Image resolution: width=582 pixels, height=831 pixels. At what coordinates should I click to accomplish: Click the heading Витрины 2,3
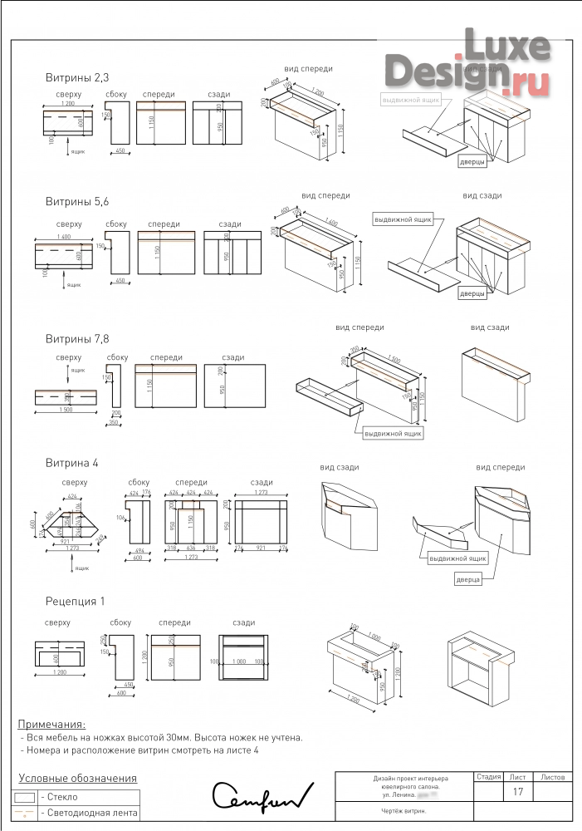pyautogui.click(x=77, y=77)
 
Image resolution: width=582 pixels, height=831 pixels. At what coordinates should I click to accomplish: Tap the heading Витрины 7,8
pyautogui.click(x=77, y=339)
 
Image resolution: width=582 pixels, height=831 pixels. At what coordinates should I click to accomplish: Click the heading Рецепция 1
pyautogui.click(x=76, y=601)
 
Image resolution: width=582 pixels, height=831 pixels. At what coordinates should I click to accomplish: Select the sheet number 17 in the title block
pyautogui.click(x=518, y=793)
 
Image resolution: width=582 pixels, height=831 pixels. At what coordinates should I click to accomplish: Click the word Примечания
pyautogui.click(x=51, y=725)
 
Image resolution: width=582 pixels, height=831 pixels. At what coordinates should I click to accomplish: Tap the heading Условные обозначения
pyautogui.click(x=77, y=779)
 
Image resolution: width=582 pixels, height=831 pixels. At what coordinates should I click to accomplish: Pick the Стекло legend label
pyautogui.click(x=59, y=797)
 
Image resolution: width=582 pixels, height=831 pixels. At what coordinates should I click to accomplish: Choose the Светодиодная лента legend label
pyautogui.click(x=88, y=813)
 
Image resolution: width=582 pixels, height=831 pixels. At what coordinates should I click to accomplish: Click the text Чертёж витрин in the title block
pyautogui.click(x=404, y=811)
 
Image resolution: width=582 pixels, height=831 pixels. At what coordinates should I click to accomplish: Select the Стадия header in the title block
pyautogui.click(x=488, y=778)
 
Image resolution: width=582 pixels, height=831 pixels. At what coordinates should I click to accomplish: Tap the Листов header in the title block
pyautogui.click(x=552, y=778)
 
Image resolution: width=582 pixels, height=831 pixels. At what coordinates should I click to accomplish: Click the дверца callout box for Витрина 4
pyautogui.click(x=468, y=579)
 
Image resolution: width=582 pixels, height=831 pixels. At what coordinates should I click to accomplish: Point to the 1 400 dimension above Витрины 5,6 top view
pyautogui.click(x=62, y=238)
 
